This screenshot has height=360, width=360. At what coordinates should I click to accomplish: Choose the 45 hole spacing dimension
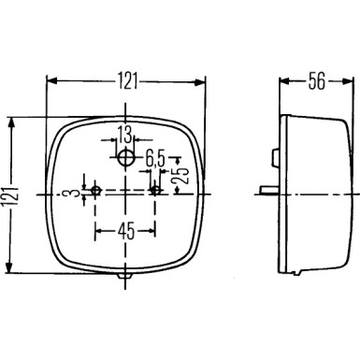click(124, 229)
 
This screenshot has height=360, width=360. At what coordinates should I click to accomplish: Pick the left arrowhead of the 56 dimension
click(283, 80)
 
